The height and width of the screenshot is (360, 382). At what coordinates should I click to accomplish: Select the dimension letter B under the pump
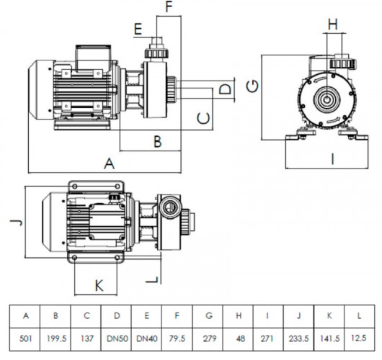pyautogui.click(x=156, y=140)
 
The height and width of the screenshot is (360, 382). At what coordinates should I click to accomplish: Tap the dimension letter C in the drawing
pyautogui.click(x=204, y=116)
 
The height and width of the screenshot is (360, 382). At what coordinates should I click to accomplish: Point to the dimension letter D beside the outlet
pyautogui.click(x=225, y=90)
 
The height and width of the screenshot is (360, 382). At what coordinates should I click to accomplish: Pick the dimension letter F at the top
pyautogui.click(x=169, y=8)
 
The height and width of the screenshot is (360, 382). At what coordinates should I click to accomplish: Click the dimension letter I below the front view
pyautogui.click(x=332, y=159)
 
